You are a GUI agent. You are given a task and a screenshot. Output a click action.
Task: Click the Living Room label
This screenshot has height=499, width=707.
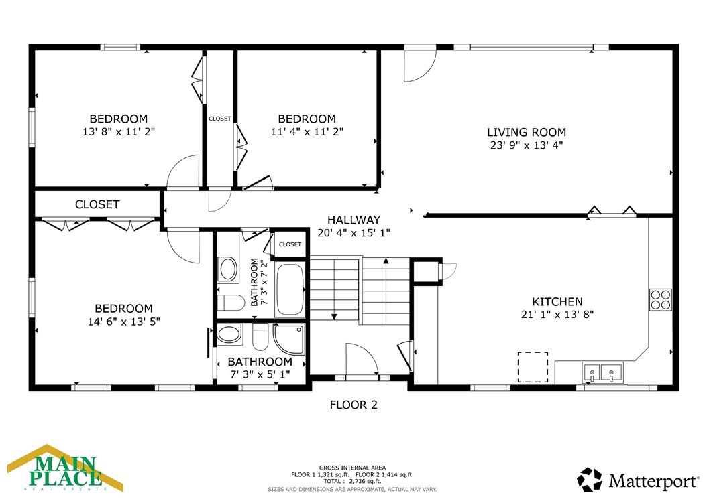(526, 133)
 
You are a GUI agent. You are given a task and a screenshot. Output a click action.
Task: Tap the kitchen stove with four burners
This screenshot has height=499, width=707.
(660, 299)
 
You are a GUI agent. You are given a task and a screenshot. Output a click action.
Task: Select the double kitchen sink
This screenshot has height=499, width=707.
(602, 372)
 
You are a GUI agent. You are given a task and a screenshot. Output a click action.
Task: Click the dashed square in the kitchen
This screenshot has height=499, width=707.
(533, 367)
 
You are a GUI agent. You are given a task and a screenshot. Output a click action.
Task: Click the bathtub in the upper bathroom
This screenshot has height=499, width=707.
(290, 289)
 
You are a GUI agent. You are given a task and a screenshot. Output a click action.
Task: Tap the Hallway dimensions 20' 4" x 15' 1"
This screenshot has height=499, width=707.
(353, 233)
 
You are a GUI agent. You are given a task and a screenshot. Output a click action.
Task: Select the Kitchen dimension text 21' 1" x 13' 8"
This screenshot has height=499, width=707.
(557, 314)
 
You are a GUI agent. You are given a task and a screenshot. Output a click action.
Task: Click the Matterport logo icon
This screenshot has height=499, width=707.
(590, 480)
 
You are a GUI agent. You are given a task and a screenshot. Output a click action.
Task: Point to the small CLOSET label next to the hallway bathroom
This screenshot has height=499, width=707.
(290, 244)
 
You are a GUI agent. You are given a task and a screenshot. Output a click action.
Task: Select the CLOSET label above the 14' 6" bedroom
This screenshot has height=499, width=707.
(97, 204)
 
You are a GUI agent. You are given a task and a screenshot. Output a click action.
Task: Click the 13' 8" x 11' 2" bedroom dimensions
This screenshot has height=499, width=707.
(119, 132)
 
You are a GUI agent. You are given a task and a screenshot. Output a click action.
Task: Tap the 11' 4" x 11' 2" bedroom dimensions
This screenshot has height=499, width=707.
(307, 132)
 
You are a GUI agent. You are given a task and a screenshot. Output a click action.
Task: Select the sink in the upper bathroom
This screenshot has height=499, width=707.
(228, 271)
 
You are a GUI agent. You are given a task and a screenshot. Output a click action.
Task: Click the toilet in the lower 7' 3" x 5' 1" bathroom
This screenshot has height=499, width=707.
(260, 337)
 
